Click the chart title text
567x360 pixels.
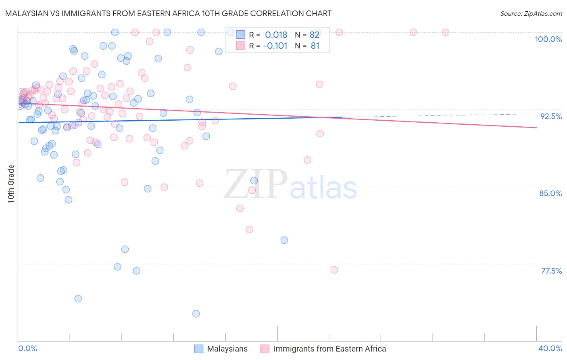(x=169, y=14)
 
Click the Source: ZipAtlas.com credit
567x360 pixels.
(x=531, y=14)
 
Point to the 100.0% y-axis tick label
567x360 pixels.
(x=548, y=39)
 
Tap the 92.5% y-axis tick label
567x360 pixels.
(x=551, y=116)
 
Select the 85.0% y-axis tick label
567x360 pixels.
(x=550, y=193)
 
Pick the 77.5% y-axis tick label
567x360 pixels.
(x=551, y=271)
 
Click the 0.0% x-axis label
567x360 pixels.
(x=27, y=348)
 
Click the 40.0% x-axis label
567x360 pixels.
(x=550, y=348)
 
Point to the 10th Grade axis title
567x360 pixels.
(x=11, y=184)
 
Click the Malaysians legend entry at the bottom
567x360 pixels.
(x=227, y=349)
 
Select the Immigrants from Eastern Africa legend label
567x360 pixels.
(x=329, y=349)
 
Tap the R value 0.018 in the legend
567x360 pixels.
(x=276, y=35)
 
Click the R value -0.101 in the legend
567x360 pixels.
(x=275, y=46)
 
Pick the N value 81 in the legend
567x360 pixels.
(x=315, y=46)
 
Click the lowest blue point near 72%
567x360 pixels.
(x=196, y=314)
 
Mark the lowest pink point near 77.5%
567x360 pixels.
(x=334, y=270)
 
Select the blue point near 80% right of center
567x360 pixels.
(x=284, y=240)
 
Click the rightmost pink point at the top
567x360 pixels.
(x=446, y=32)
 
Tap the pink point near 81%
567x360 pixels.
(x=250, y=230)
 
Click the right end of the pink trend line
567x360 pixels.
(x=536, y=128)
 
